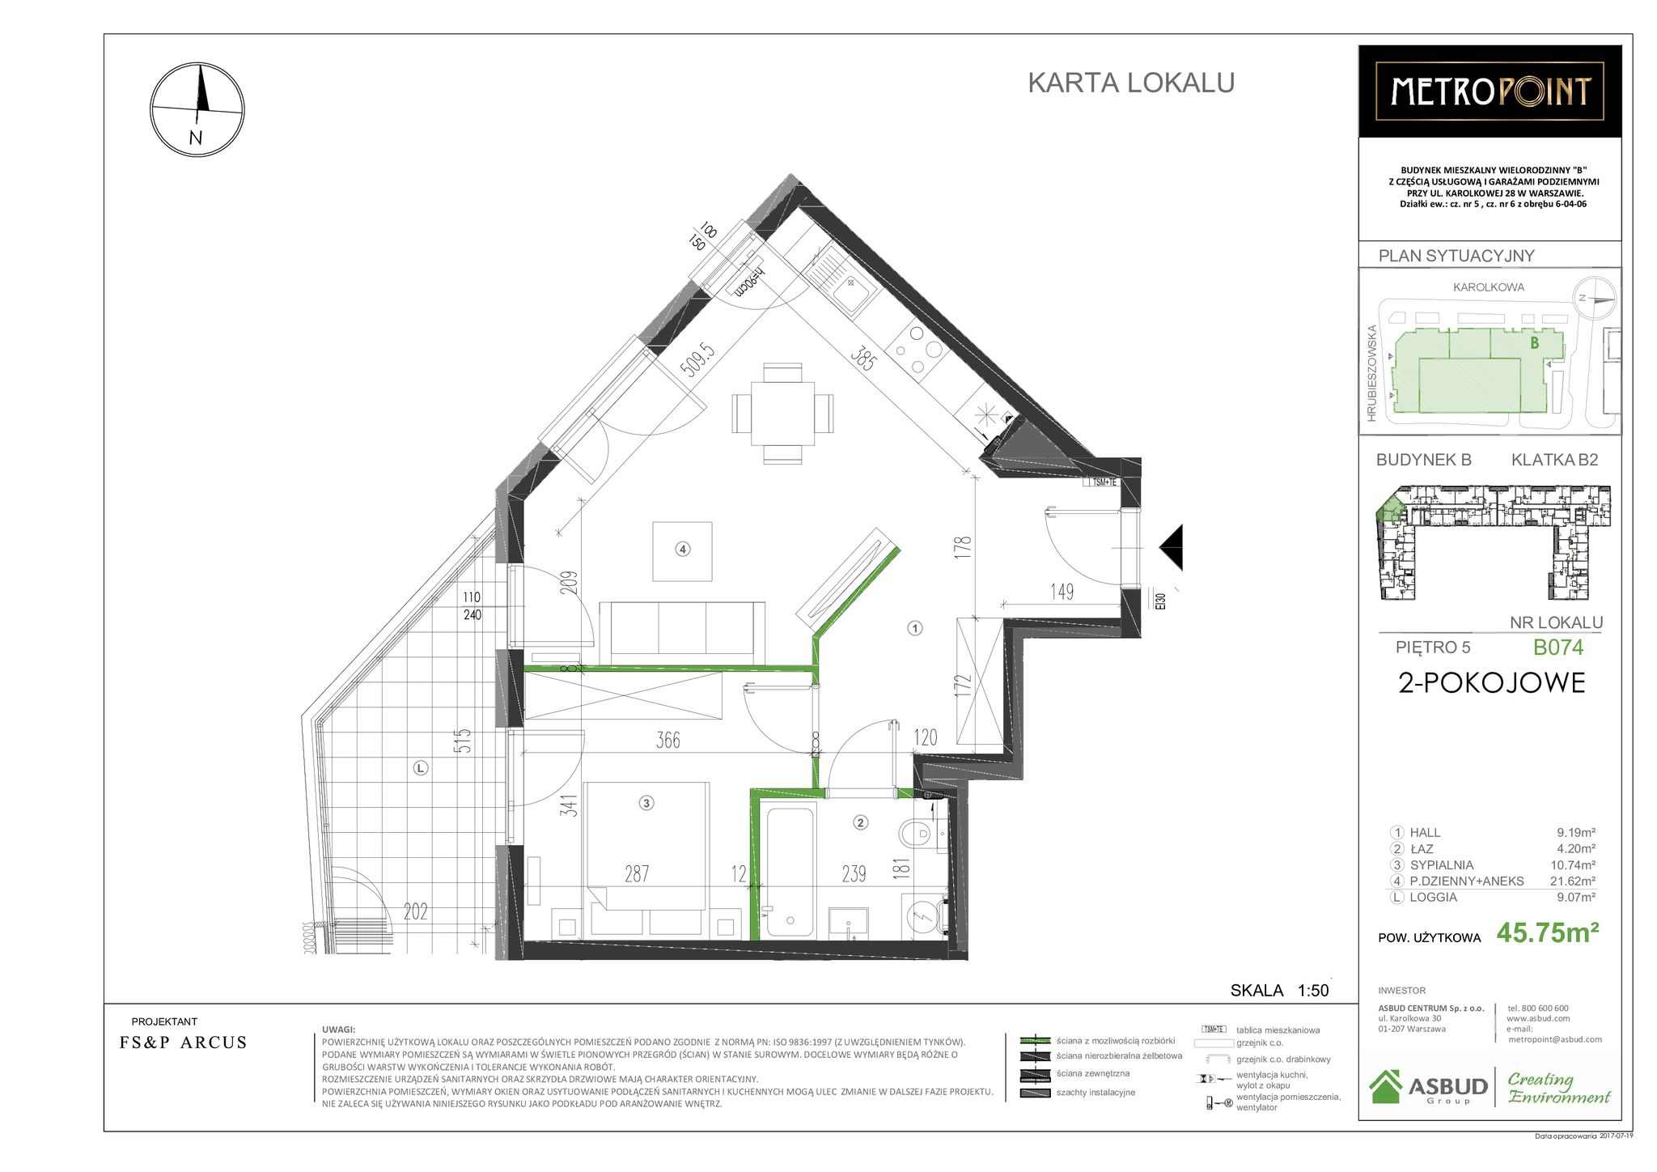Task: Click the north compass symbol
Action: [x=197, y=109]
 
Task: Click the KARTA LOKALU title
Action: [x=1130, y=83]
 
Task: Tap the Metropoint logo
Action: [x=1490, y=91]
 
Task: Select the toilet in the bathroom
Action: [x=917, y=832]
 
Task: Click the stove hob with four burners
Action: [x=917, y=350]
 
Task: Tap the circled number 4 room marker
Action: [x=682, y=550]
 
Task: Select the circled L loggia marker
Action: [x=420, y=768]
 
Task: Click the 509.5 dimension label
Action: [x=697, y=360]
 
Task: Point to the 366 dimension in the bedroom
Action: [x=667, y=740]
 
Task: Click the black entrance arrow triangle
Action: [x=1172, y=548]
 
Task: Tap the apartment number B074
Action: [x=1557, y=648]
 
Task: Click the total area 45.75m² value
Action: [x=1547, y=933]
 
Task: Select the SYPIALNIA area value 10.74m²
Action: [x=1572, y=864]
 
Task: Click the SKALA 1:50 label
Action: [x=1279, y=991]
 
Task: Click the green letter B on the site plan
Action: [x=1534, y=343]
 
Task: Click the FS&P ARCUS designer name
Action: [x=183, y=1042]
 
